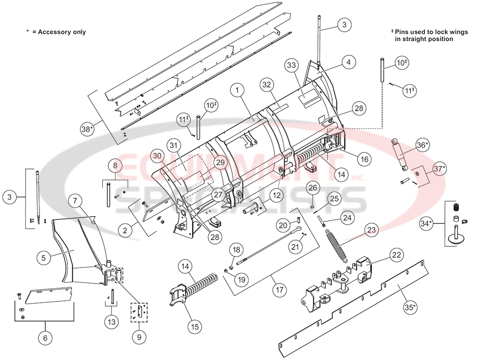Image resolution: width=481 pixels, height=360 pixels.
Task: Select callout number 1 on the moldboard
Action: click(237, 89)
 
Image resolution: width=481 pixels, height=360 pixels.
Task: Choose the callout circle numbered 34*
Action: click(426, 223)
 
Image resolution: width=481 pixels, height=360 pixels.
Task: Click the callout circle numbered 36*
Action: click(423, 145)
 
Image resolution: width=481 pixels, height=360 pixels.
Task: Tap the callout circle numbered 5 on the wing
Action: click(43, 257)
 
